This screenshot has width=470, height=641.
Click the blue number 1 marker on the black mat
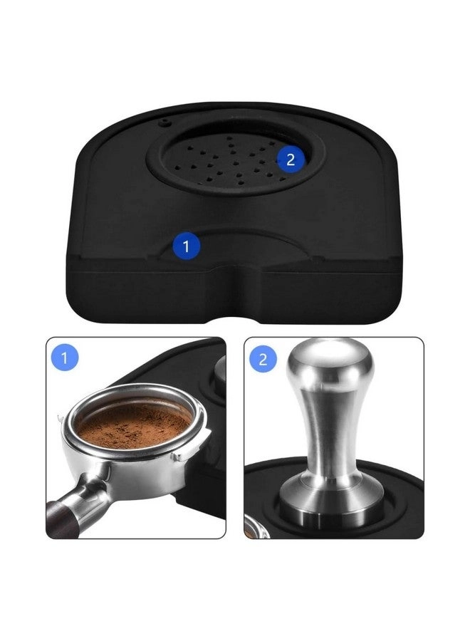(x=187, y=247)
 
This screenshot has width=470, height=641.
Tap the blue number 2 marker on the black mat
(x=290, y=160)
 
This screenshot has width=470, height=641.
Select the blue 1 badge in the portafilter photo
(x=65, y=358)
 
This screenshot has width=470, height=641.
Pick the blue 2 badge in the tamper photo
(x=263, y=358)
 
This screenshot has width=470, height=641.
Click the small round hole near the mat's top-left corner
(x=166, y=122)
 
